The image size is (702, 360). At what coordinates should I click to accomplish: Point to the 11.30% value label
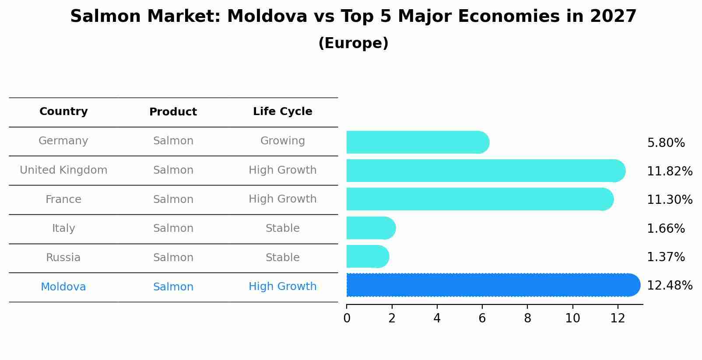669,200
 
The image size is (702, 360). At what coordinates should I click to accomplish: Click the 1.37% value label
665,257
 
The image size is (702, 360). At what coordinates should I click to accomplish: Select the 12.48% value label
669,286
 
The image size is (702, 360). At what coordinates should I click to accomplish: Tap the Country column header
63,112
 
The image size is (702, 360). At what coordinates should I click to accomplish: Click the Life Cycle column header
282,112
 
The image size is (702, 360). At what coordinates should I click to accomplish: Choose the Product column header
173,112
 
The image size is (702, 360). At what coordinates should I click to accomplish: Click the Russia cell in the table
63,258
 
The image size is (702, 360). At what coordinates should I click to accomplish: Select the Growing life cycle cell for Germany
282,141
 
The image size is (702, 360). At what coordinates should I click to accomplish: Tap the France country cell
63,199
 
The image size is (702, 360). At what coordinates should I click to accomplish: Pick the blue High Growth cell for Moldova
282,287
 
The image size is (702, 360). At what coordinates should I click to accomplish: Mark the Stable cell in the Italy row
282,228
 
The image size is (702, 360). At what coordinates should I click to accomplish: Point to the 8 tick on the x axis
527,318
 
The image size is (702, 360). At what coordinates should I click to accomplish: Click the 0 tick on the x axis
347,318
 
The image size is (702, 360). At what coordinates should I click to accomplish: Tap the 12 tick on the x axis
618,318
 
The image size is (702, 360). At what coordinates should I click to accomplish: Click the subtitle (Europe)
353,43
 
